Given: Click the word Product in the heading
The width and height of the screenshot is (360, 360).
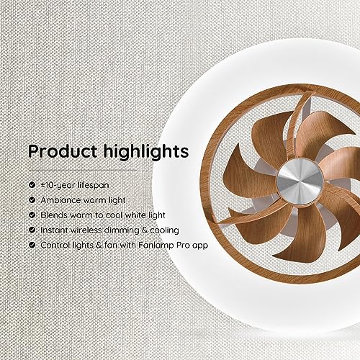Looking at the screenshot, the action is tap(63, 152).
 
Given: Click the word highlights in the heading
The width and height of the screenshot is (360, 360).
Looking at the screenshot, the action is tap(146, 152).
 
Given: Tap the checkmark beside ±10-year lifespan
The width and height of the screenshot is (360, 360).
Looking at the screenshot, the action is tap(32, 185).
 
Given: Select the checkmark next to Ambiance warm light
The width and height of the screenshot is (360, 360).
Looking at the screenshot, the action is tap(32, 200).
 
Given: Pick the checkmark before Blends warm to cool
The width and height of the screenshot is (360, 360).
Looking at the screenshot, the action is tap(32, 215).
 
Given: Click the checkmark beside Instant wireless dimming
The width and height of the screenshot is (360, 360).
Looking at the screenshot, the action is tap(32, 230).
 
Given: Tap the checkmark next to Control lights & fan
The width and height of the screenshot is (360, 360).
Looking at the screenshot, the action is tap(32, 245).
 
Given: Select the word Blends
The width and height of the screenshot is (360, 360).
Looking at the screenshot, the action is tap(54, 215).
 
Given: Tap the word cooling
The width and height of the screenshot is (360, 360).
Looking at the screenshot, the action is tap(164, 230).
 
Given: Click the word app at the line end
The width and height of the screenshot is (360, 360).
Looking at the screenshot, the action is tap(199, 246).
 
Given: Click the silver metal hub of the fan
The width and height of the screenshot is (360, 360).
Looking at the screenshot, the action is tap(300, 181).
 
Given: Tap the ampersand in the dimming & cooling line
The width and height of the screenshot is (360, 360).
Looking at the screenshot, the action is tap(145, 230).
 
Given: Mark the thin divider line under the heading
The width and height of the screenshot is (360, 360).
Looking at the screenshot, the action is tap(83, 171).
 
